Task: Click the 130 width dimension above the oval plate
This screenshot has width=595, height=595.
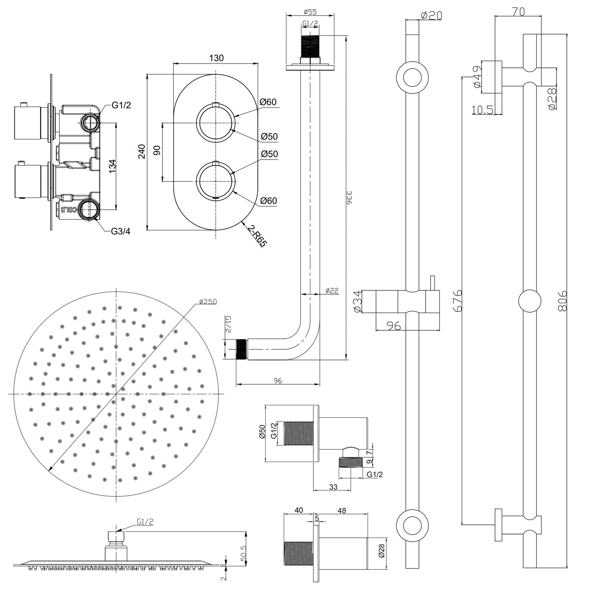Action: (216, 58)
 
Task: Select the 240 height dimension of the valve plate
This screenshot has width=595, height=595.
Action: (142, 152)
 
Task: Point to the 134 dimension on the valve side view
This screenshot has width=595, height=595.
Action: (113, 165)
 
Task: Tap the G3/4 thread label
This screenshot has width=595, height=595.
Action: (121, 231)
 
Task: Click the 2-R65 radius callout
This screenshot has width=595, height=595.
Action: (257, 236)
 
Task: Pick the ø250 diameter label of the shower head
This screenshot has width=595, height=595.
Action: (208, 301)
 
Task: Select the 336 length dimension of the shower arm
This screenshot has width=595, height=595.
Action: (349, 197)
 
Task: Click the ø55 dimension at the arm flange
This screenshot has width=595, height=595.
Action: (310, 12)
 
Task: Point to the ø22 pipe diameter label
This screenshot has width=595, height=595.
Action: (332, 290)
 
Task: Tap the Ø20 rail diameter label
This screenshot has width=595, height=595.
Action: (431, 15)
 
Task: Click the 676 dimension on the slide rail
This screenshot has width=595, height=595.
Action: (458, 300)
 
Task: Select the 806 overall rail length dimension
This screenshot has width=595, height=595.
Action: (562, 300)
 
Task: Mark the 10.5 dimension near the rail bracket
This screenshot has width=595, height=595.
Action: (482, 110)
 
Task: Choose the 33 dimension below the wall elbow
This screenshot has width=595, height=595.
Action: (333, 487)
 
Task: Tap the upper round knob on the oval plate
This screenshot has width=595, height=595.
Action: (216, 123)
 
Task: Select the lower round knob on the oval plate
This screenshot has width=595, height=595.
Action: (216, 181)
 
